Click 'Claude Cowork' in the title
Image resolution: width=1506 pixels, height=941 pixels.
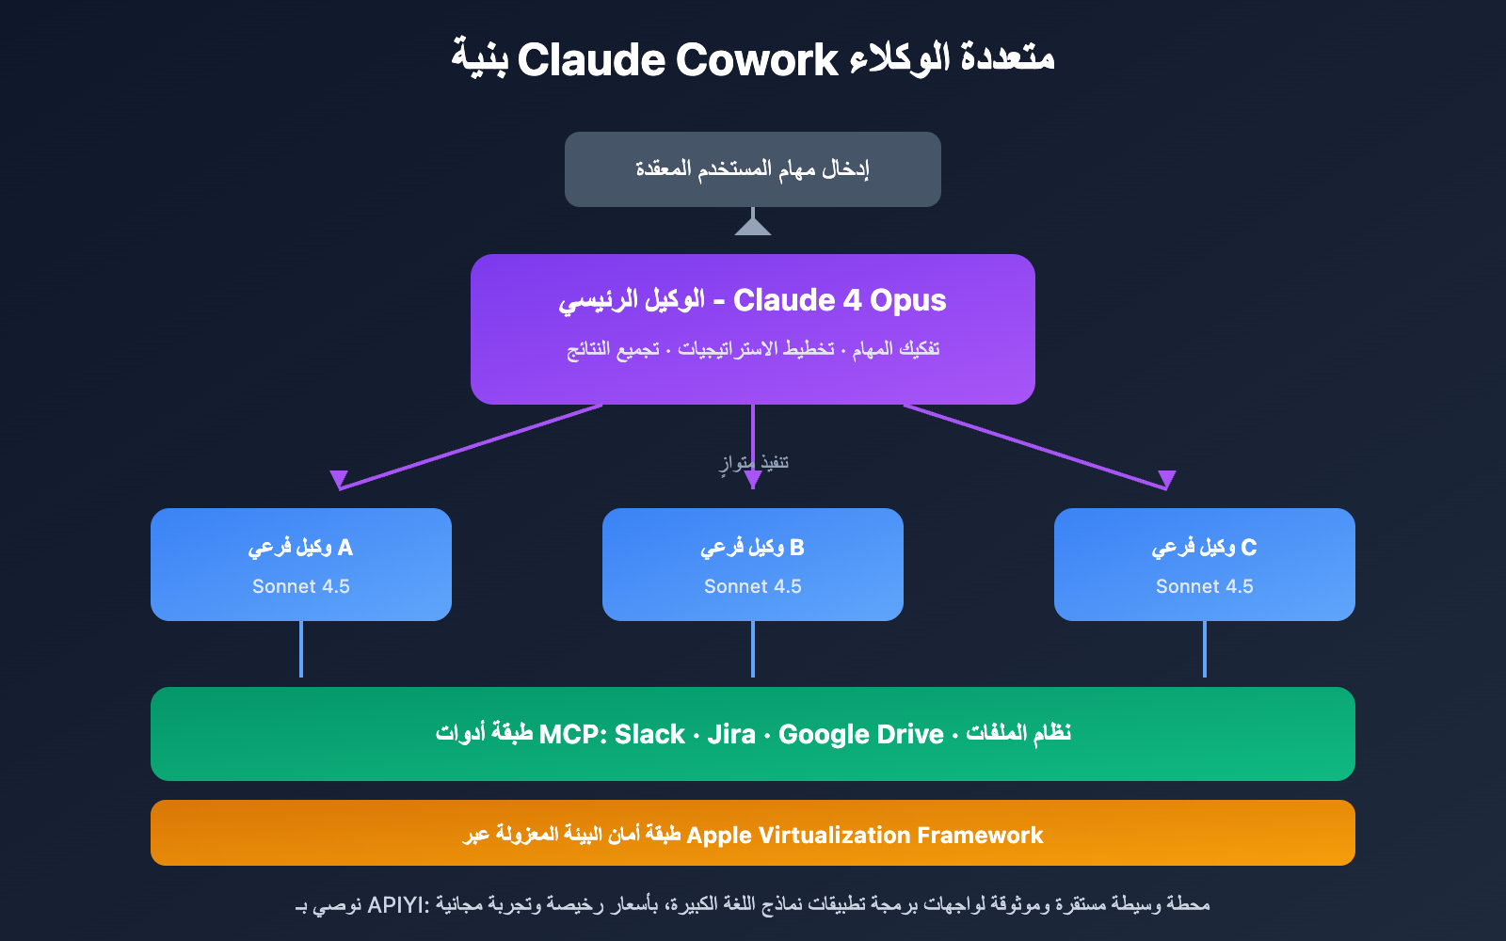click(x=677, y=60)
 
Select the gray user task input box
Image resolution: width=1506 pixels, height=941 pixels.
click(x=752, y=169)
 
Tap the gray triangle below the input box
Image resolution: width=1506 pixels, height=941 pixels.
click(x=752, y=227)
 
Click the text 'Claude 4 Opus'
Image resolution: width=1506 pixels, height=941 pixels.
click(x=840, y=300)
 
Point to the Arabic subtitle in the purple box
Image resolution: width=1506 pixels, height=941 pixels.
click(x=752, y=349)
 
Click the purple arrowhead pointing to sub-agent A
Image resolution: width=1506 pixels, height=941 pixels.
click(x=339, y=479)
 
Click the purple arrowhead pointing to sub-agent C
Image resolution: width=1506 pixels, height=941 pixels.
click(x=1167, y=479)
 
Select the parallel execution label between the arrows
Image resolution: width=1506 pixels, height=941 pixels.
click(x=753, y=462)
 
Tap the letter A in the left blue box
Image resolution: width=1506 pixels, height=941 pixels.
click(x=344, y=547)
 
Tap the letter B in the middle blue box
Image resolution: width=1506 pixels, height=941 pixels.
click(x=796, y=547)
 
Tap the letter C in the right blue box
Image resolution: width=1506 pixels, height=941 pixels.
click(x=1248, y=547)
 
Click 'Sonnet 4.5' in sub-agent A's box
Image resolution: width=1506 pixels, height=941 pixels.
click(x=301, y=586)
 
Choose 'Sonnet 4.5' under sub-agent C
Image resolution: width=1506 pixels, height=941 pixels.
click(x=1205, y=586)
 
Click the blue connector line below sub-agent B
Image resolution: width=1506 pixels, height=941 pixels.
click(x=753, y=649)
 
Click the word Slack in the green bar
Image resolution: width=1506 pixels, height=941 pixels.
click(x=649, y=734)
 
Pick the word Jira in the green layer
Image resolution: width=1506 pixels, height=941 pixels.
click(x=731, y=734)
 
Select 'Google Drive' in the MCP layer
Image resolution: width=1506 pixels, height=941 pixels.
click(x=860, y=734)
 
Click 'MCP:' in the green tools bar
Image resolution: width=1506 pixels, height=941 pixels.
click(x=572, y=734)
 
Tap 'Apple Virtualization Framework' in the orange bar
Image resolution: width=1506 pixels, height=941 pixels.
click(x=864, y=835)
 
